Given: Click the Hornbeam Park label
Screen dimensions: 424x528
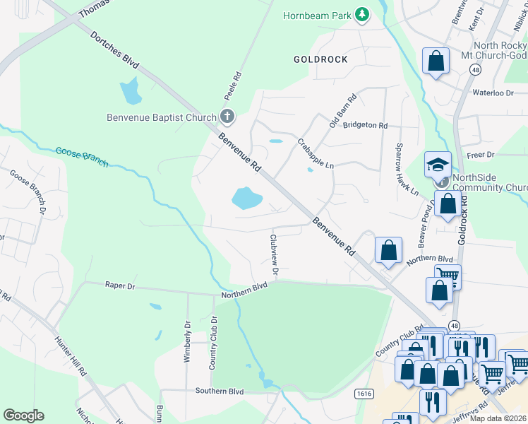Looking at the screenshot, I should [x=317, y=16].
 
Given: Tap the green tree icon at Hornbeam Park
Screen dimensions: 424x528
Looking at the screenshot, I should [x=361, y=15].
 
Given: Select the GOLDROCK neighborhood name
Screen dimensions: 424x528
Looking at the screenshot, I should [x=320, y=59].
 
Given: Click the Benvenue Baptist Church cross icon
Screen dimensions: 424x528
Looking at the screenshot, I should [x=227, y=116].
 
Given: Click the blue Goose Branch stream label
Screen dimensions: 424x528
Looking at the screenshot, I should [x=82, y=156].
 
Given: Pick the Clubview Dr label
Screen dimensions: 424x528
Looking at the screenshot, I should [x=274, y=252].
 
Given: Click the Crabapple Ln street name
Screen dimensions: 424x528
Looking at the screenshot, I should [x=315, y=153].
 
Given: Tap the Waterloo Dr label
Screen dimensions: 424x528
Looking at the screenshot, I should [x=492, y=93].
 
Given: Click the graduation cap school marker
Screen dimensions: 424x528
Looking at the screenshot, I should [x=438, y=165].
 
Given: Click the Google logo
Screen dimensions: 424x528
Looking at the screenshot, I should [x=23, y=416].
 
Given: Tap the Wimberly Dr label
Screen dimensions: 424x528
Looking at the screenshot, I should [x=188, y=342].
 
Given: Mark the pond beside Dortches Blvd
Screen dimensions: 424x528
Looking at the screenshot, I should [x=130, y=91].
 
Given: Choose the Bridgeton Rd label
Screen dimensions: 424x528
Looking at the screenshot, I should [x=365, y=125].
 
